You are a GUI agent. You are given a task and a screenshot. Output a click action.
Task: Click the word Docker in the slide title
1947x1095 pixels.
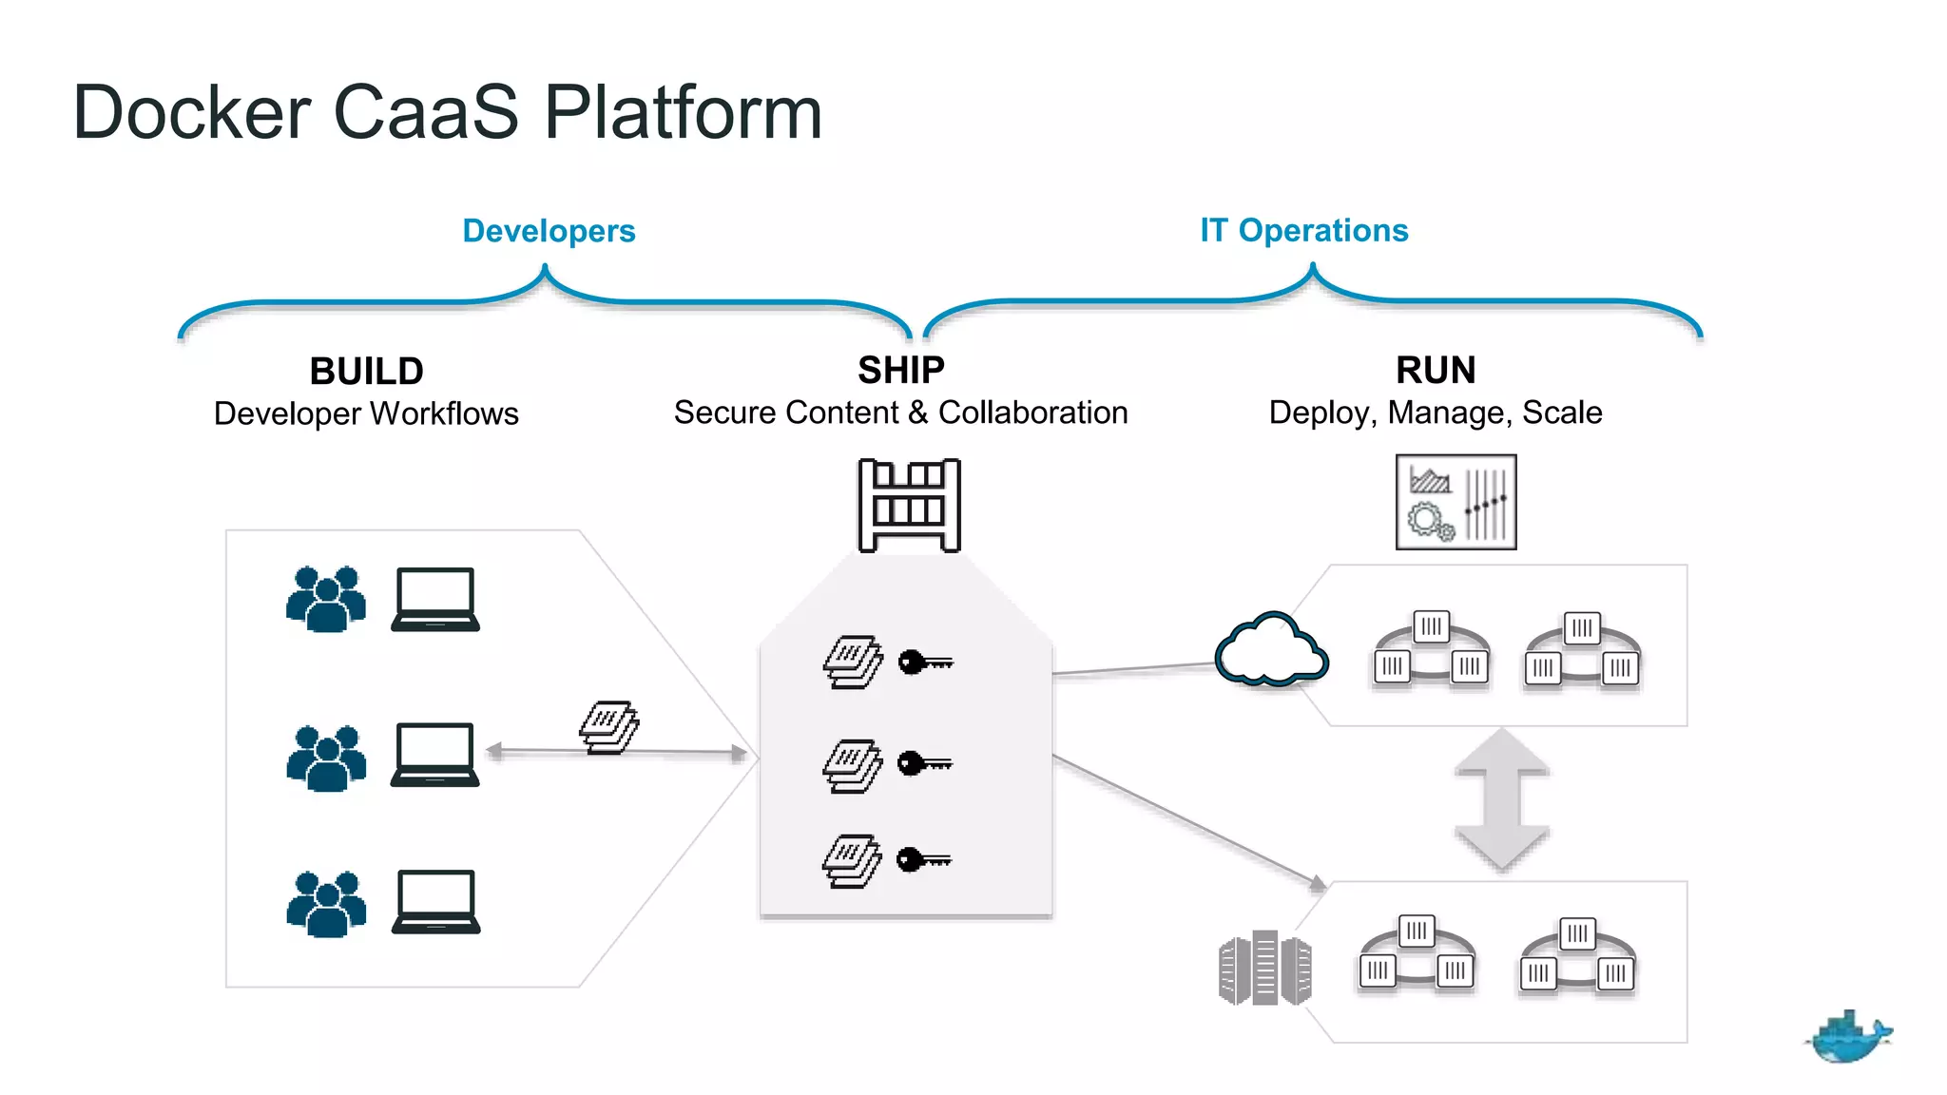point(191,113)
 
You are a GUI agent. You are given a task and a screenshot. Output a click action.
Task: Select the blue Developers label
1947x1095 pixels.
point(549,231)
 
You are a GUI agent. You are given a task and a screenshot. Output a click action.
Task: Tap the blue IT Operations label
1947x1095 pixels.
point(1303,230)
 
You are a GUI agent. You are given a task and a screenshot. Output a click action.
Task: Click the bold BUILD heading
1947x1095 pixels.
point(366,371)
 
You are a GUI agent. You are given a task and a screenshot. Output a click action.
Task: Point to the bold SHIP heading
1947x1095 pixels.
point(900,370)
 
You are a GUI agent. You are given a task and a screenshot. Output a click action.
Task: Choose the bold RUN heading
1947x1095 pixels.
point(1436,370)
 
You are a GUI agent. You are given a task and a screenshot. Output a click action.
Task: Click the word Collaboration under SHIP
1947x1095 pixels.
point(1032,413)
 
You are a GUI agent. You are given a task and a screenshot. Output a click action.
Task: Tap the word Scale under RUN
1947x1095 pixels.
point(1562,413)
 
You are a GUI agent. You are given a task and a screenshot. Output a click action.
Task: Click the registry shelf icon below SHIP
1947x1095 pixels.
point(909,505)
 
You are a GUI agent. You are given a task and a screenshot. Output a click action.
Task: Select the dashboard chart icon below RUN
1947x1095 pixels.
point(1455,502)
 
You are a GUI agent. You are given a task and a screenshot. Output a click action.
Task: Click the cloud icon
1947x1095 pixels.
point(1271,650)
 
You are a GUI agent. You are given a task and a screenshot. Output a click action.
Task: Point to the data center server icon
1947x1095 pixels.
point(1264,968)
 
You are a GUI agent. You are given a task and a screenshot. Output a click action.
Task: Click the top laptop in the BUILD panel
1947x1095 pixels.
point(435,600)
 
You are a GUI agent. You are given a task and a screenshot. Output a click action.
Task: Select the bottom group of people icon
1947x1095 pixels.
point(326,904)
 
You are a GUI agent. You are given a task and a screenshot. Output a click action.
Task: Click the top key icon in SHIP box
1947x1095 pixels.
point(924,662)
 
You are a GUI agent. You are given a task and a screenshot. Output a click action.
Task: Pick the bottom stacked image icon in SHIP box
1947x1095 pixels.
point(852,861)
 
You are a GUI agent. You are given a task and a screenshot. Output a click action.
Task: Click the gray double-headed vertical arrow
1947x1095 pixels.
point(1501,799)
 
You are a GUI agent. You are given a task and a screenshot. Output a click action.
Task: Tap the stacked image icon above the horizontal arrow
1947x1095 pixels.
point(609,727)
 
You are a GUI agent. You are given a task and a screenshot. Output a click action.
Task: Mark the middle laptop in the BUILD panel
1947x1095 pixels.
point(434,755)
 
